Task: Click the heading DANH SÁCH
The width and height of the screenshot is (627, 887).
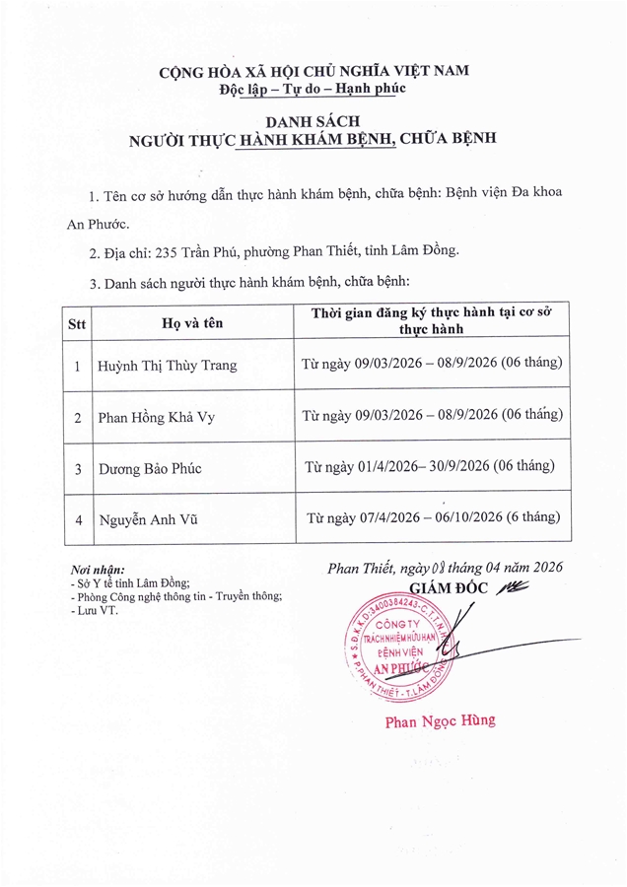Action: [313, 120]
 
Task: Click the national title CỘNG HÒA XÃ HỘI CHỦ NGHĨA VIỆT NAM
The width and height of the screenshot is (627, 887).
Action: [313, 71]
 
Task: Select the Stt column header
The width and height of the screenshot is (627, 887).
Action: [77, 321]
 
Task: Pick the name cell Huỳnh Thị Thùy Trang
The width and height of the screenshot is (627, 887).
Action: [168, 366]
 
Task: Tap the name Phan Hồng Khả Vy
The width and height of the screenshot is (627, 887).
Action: [157, 417]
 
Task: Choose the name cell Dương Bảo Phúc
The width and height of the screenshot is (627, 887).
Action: [150, 468]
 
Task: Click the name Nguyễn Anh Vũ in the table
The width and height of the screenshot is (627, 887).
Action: [148, 518]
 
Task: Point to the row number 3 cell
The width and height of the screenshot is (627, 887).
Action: [77, 468]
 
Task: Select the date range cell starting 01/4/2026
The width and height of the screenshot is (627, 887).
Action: [431, 466]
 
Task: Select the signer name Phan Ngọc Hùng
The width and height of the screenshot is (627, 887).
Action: [440, 720]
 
